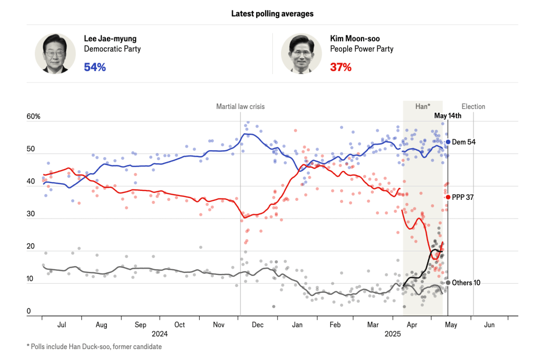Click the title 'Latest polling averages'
pyautogui.click(x=272, y=14)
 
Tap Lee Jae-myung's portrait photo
pyautogui.click(x=55, y=54)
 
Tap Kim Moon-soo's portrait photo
pyautogui.click(x=301, y=54)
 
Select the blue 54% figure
pyautogui.click(x=95, y=67)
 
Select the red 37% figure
pyautogui.click(x=341, y=67)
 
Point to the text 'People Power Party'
pyautogui.click(x=361, y=49)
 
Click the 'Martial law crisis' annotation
pyautogui.click(x=240, y=106)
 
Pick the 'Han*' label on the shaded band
pyautogui.click(x=422, y=106)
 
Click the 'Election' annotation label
pyautogui.click(x=473, y=106)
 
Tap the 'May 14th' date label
pyautogui.click(x=448, y=116)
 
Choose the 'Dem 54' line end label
pyautogui.click(x=463, y=142)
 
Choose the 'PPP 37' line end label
pyautogui.click(x=463, y=197)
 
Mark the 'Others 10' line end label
pyautogui.click(x=466, y=283)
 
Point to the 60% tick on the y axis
pyautogui.click(x=33, y=116)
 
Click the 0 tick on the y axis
pyautogui.click(x=29, y=311)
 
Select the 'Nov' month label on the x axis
pyautogui.click(x=219, y=325)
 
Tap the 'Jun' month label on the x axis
pyautogui.click(x=489, y=325)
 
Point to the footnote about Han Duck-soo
pyautogui.click(x=94, y=346)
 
